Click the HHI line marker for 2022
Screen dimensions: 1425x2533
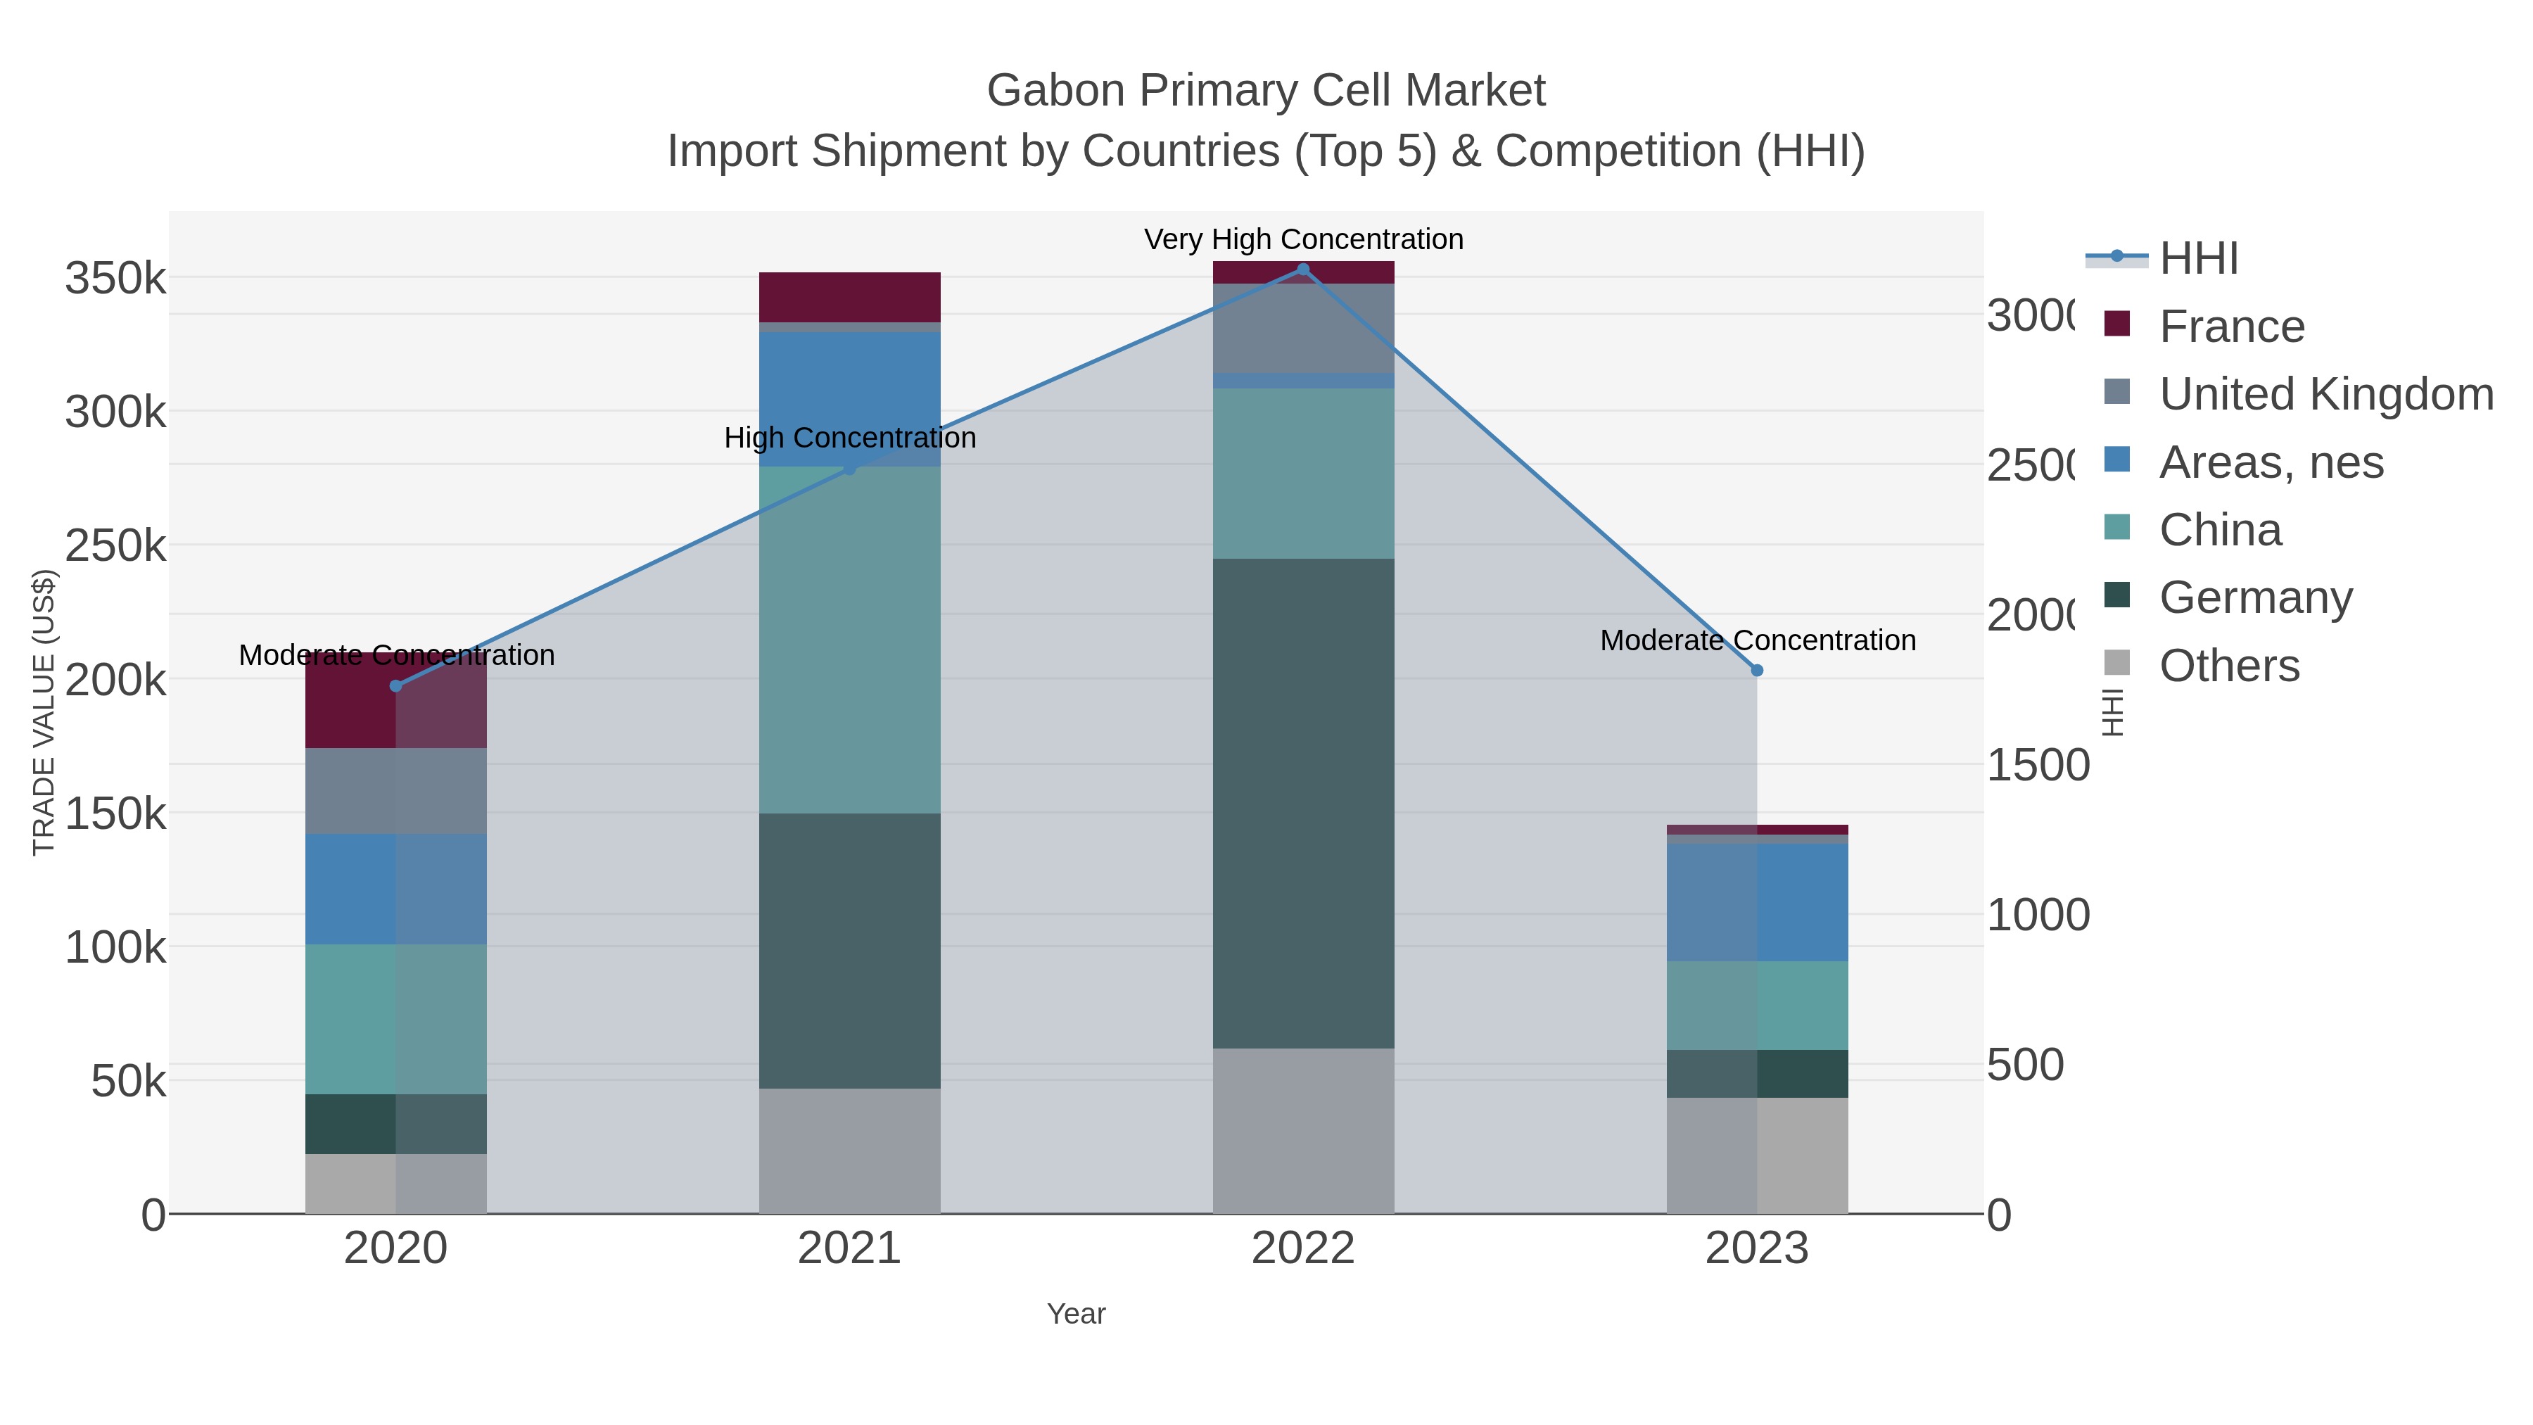[x=1303, y=270]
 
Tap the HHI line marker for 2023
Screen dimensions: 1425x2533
[x=1757, y=671]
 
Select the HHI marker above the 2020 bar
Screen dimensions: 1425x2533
[x=396, y=686]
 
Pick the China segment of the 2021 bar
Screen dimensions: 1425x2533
[x=849, y=639]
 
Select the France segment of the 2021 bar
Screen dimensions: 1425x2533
[x=849, y=297]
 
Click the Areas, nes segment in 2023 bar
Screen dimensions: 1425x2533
[x=1757, y=902]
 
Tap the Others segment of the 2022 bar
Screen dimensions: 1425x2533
[x=1303, y=1130]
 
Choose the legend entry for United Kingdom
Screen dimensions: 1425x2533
[x=2325, y=394]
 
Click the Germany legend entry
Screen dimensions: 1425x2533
[x=2255, y=598]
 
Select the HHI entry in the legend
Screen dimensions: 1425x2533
[x=2197, y=259]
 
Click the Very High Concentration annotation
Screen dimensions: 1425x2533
[x=1303, y=240]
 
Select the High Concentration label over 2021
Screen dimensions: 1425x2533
[x=849, y=438]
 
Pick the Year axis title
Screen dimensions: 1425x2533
[x=1076, y=1314]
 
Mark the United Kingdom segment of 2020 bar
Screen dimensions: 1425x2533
[x=396, y=791]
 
